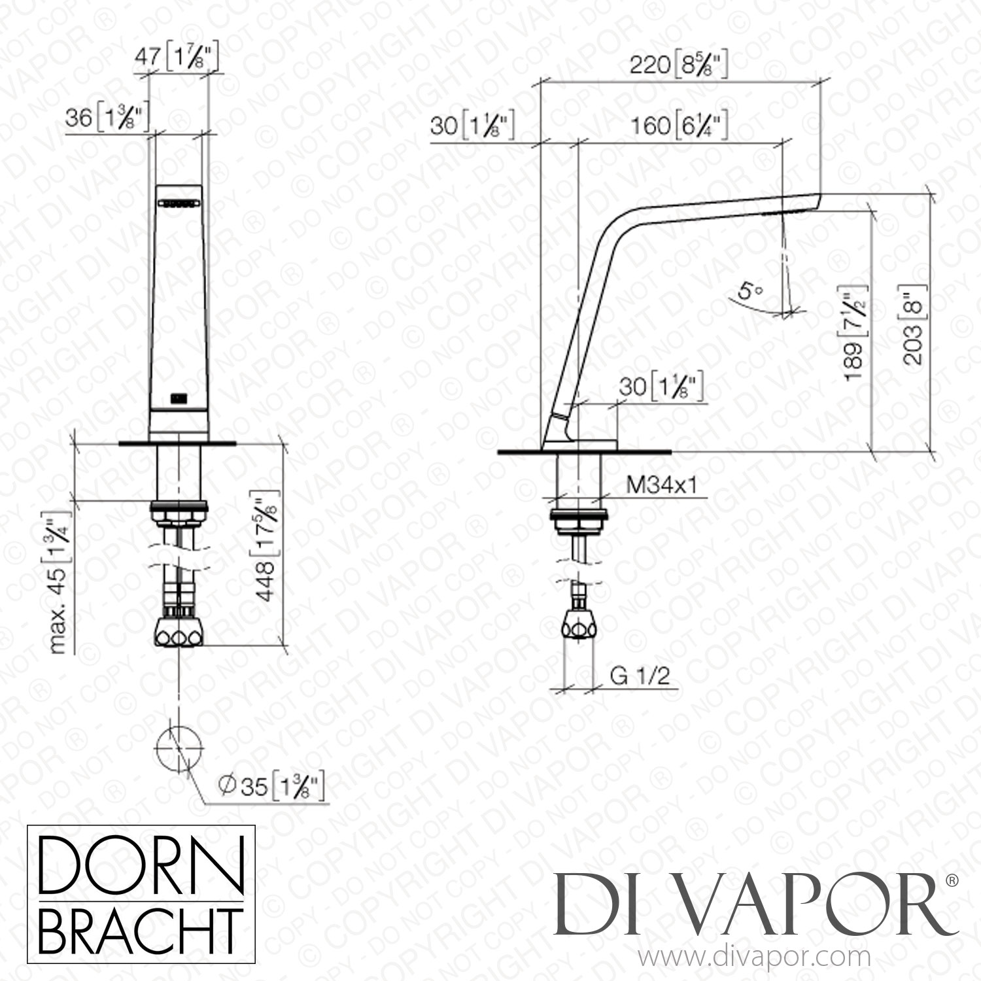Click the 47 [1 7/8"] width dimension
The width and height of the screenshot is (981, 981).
coord(175,58)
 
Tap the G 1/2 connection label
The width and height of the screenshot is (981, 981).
coord(640,676)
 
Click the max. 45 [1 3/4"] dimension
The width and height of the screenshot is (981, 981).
coord(60,581)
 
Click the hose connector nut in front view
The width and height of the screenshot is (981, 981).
coord(179,632)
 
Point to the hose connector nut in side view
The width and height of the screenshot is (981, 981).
coord(578,628)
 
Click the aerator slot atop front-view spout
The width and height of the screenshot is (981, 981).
coord(179,204)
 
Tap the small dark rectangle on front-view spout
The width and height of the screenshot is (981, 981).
coord(178,397)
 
